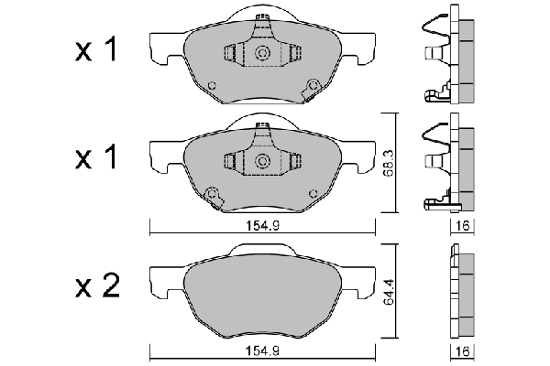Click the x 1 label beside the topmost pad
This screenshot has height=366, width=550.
pyautogui.click(x=96, y=52)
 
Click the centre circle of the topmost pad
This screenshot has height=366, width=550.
pyautogui.click(x=262, y=55)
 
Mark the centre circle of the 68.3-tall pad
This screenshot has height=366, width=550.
pyautogui.click(x=262, y=161)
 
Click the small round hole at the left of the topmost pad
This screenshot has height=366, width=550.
pyautogui.click(x=212, y=87)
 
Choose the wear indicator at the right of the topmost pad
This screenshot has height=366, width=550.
pyautogui.click(x=314, y=86)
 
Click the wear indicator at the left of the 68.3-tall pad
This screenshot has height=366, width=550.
pyautogui.click(x=214, y=194)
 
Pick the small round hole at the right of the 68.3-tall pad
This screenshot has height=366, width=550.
pyautogui.click(x=312, y=192)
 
